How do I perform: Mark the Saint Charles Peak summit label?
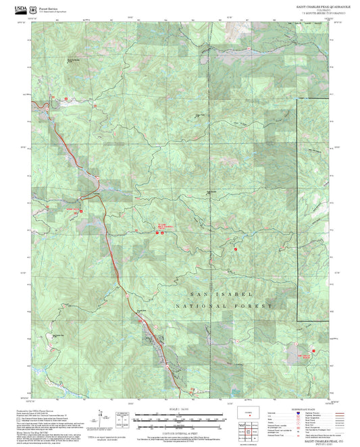(x=211, y=192)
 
